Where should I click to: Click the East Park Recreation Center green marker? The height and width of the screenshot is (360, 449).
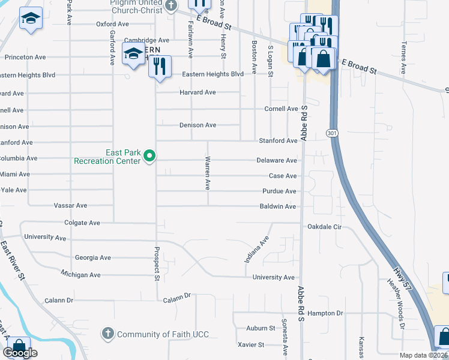click(x=150, y=157)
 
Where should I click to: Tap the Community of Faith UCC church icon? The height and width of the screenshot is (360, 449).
click(x=108, y=334)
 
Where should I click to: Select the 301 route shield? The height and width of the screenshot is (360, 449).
click(x=332, y=133)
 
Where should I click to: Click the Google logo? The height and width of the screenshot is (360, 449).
click(x=20, y=353)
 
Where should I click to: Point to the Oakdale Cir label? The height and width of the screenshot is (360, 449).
click(x=324, y=227)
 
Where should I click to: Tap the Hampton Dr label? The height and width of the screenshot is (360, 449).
click(x=325, y=313)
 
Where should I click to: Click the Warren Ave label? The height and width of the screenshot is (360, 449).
click(x=208, y=174)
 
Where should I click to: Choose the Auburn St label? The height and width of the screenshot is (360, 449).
click(x=261, y=328)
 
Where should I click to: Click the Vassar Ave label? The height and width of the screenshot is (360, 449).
click(x=70, y=205)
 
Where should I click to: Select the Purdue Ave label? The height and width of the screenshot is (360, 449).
click(x=279, y=191)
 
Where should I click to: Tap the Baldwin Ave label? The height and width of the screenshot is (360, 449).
click(x=278, y=206)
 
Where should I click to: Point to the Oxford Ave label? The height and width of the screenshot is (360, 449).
click(x=112, y=24)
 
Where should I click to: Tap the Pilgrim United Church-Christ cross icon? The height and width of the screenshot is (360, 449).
click(x=170, y=7)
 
